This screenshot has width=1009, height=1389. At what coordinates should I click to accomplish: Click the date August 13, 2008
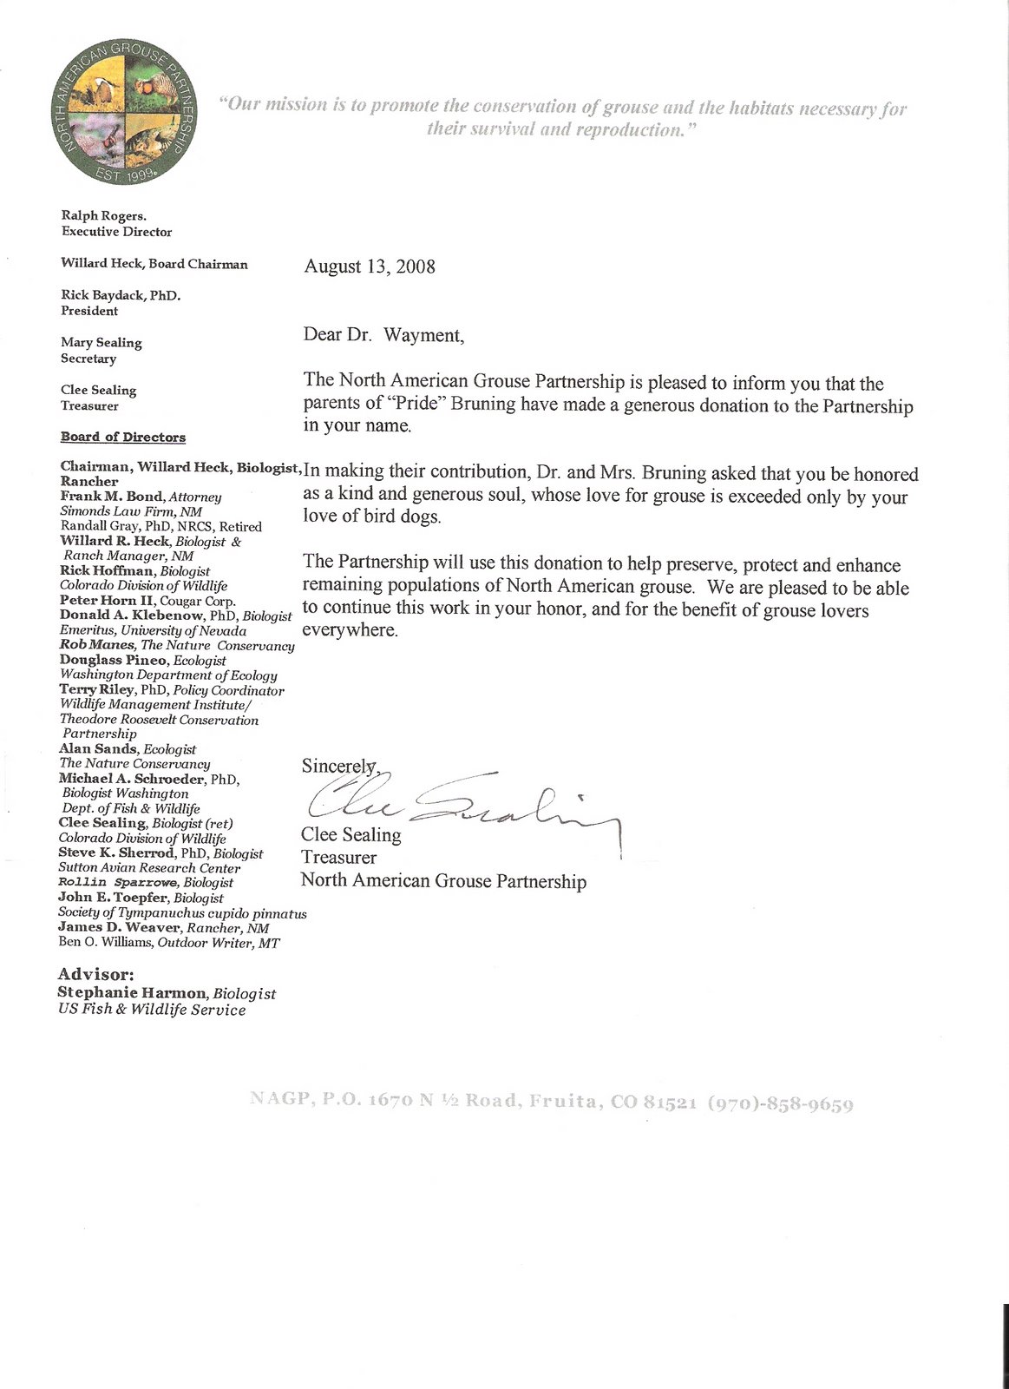tap(370, 267)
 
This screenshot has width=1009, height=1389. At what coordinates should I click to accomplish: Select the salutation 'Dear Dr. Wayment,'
tap(383, 335)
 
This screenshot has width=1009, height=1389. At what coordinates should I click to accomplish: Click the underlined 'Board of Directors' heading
tap(122, 437)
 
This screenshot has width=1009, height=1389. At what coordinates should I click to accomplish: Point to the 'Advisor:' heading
tap(95, 975)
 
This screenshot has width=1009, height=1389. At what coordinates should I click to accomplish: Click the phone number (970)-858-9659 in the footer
tap(781, 1104)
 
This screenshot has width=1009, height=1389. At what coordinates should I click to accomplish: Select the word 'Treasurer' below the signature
tap(338, 858)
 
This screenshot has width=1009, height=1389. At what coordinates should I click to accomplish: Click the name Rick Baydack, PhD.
tap(120, 295)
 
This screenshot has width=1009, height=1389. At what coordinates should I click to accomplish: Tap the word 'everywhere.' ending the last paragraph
tap(350, 630)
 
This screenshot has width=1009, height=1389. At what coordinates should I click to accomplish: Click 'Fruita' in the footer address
tap(564, 1102)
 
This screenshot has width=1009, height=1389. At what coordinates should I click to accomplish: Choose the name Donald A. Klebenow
tap(131, 615)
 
